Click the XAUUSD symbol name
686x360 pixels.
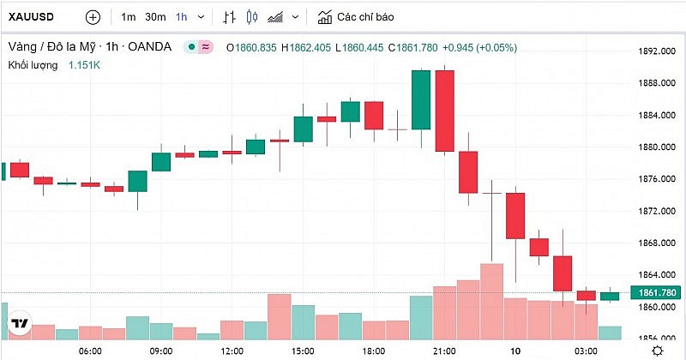pyautogui.click(x=32, y=17)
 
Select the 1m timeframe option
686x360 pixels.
pyautogui.click(x=128, y=17)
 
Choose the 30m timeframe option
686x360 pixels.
pyautogui.click(x=155, y=17)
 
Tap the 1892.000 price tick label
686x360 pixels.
pyautogui.click(x=653, y=51)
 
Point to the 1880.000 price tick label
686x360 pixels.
pyautogui.click(x=653, y=147)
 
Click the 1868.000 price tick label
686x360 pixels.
pyautogui.click(x=653, y=243)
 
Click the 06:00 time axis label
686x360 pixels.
pyautogui.click(x=90, y=351)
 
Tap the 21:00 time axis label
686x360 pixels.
pyautogui.click(x=444, y=351)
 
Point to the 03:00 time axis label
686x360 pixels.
pyautogui.click(x=586, y=351)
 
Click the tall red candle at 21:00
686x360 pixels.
pyautogui.click(x=444, y=111)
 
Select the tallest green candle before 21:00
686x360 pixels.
pyautogui.click(x=421, y=99)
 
